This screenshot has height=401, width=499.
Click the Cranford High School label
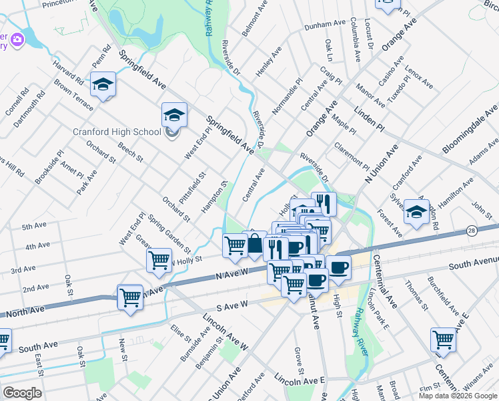coord(116,132)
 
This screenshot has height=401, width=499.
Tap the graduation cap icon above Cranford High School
coord(174,116)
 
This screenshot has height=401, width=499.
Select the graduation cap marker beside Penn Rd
coord(103,84)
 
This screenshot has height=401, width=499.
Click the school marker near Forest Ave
coord(417,213)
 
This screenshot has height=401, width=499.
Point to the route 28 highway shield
coord(471,230)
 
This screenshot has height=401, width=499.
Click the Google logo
coord(22,392)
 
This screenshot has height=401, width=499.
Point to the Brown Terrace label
coord(74,94)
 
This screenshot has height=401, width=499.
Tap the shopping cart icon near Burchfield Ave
coord(443,339)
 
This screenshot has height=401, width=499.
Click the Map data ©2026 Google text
coord(457,396)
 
